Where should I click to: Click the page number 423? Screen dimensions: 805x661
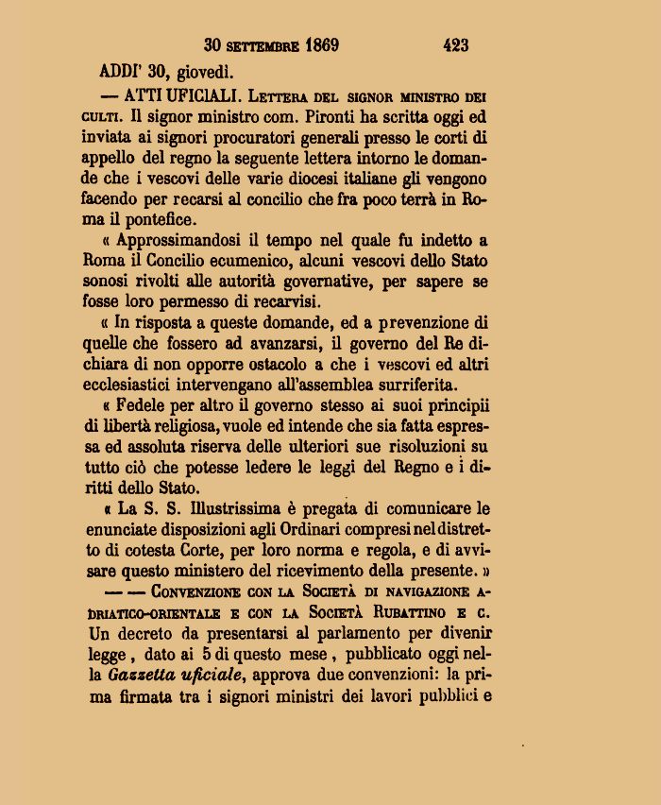[x=455, y=44]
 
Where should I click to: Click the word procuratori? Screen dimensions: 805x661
[x=246, y=138]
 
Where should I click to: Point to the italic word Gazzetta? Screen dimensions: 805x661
[x=141, y=675]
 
